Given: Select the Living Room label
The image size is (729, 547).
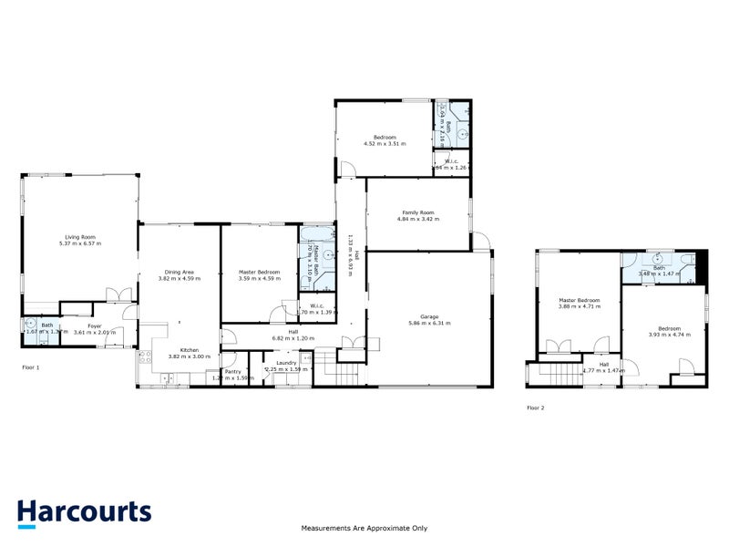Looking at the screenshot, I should tap(79, 237).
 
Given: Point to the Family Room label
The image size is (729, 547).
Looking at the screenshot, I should tap(417, 212).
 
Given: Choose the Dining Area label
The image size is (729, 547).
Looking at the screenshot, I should tap(179, 271).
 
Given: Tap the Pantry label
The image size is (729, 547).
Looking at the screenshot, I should tap(232, 371).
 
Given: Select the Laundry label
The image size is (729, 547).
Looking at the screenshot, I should tap(286, 363).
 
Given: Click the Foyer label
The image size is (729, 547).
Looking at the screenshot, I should tap(94, 325).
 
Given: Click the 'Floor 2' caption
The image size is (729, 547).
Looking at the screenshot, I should tap(536, 408).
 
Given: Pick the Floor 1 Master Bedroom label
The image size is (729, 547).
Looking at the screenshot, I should tap(259, 271).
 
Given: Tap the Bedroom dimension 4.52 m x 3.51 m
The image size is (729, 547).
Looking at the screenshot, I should tap(385, 144).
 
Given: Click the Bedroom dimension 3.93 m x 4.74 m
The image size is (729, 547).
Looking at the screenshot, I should tap(669, 335).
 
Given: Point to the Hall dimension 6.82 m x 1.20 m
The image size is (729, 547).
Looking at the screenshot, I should tap(293, 338).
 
